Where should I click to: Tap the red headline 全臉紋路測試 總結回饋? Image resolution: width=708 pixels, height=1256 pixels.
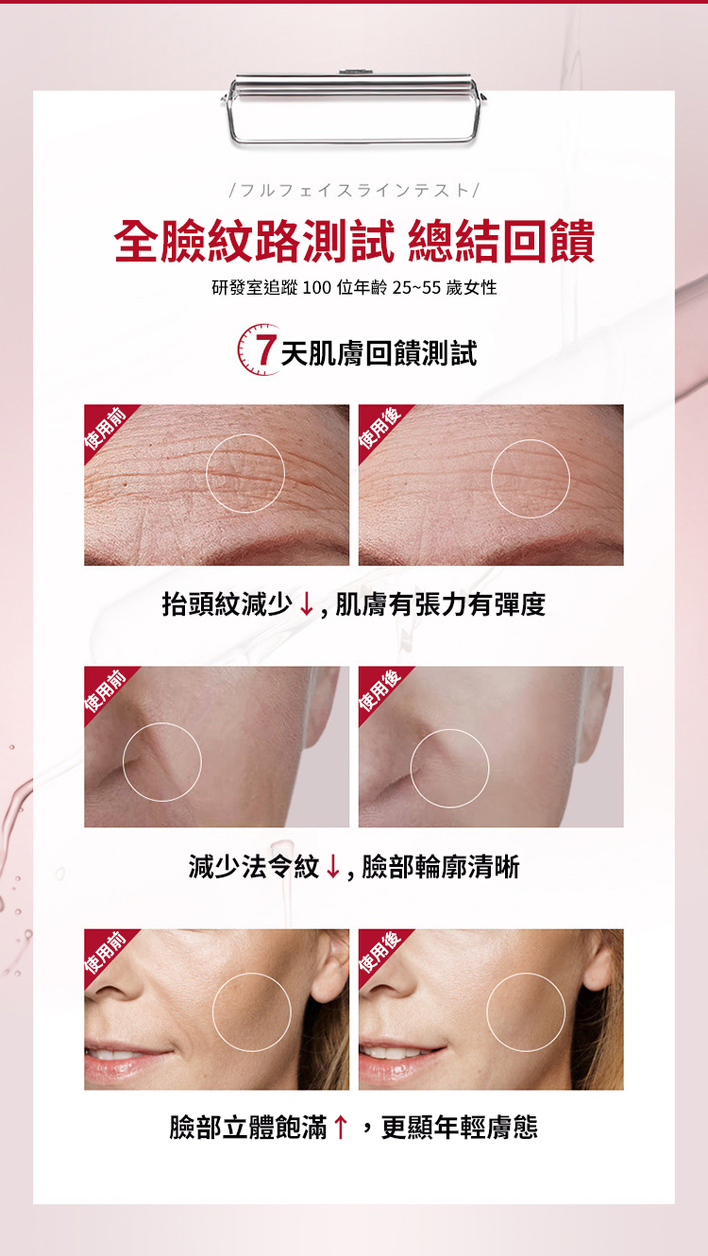(354, 242)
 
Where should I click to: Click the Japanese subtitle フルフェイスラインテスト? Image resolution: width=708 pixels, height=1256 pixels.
(354, 190)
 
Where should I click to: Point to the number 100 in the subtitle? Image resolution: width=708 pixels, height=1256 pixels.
(317, 288)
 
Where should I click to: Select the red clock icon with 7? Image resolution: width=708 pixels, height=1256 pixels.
(259, 348)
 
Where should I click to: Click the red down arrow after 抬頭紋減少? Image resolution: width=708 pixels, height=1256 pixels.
(306, 605)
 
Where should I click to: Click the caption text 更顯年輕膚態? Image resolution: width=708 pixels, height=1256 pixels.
(460, 1128)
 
